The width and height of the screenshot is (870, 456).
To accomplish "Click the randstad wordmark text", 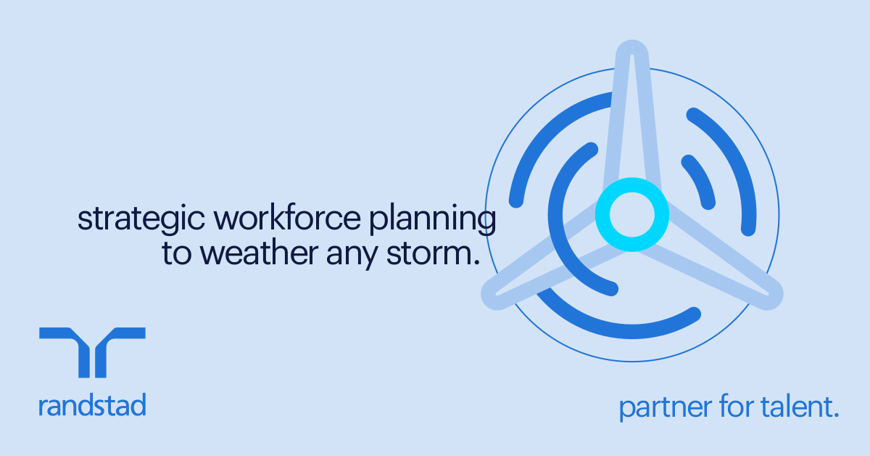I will coord(92,404).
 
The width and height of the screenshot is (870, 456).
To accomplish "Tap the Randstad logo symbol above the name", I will coord(92,351).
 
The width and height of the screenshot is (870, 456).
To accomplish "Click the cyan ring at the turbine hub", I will coord(631,214).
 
